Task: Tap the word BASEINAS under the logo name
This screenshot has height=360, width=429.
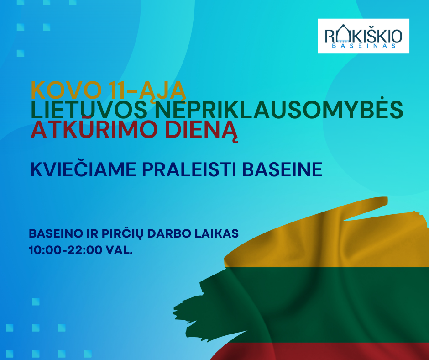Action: click(x=364, y=46)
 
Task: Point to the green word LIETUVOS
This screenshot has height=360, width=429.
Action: click(x=89, y=110)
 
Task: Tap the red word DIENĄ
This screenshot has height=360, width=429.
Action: click(x=201, y=131)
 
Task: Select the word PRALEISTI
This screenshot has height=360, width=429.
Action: click(x=189, y=169)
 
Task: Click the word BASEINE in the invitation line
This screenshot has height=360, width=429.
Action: click(x=282, y=169)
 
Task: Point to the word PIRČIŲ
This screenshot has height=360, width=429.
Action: click(x=123, y=234)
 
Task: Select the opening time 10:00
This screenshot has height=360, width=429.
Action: click(x=46, y=250)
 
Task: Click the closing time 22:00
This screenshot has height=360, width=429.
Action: click(x=85, y=250)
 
